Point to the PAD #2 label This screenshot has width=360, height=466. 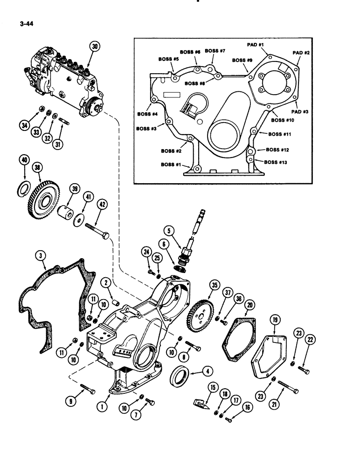pos(300,53)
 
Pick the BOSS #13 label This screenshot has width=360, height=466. pos(276,162)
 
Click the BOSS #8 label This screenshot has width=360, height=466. pos(195,83)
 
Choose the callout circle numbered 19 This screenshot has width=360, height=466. pos(275,320)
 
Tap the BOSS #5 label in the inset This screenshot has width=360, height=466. pos(168,59)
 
